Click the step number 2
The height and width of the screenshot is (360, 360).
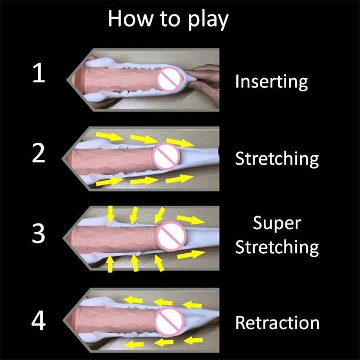coord(39,154)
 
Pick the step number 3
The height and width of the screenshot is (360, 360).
coord(39,234)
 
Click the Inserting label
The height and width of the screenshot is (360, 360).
coord(271,82)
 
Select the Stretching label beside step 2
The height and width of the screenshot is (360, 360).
coord(277,159)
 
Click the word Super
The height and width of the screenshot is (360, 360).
coord(276,223)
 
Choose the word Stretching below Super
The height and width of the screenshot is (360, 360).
coord(277,247)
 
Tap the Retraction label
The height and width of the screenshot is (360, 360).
coord(277,323)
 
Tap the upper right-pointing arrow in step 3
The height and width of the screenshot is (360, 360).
coord(190,220)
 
